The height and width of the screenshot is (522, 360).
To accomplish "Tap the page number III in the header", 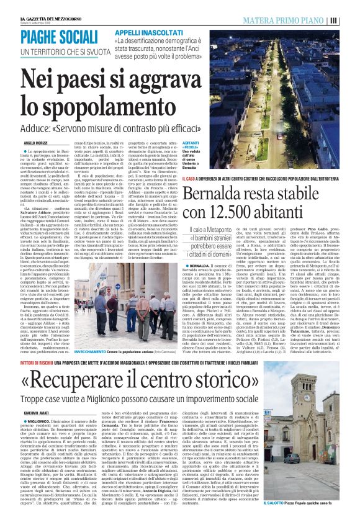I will point(351,20).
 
